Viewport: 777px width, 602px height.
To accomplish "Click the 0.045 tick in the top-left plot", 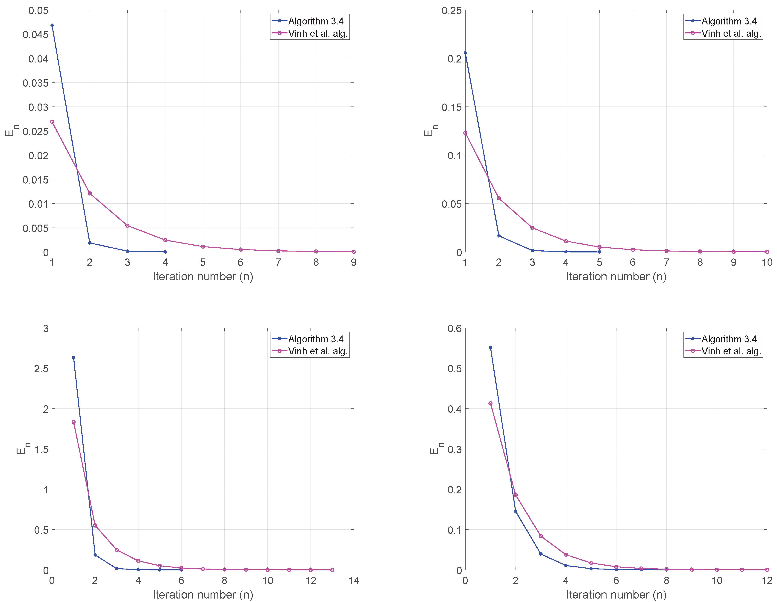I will click(x=35, y=35).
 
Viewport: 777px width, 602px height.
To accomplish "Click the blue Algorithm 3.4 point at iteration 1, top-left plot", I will click(x=52, y=25).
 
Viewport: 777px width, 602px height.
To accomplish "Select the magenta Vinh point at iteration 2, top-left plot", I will click(x=90, y=193).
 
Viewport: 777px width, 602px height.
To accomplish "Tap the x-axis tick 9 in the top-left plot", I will click(x=353, y=262).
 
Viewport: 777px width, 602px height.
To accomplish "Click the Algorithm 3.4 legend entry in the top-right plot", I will click(x=729, y=21).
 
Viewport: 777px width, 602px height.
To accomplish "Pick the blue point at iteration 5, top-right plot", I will click(x=599, y=252).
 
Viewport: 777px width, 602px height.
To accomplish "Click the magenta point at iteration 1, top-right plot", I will click(x=465, y=133).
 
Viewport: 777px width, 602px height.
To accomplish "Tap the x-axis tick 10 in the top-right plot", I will click(x=767, y=262).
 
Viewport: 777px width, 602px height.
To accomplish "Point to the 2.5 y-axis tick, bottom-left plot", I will click(x=41, y=368).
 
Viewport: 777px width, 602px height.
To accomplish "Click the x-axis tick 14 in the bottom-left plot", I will click(x=354, y=580).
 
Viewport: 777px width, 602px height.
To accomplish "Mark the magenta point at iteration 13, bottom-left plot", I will click(x=332, y=569).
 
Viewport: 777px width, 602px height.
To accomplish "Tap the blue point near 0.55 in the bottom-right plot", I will click(x=490, y=347).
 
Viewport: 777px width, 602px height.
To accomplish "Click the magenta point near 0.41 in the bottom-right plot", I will click(x=490, y=403).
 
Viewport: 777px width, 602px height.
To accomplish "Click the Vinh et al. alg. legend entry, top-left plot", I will click(x=317, y=33).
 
